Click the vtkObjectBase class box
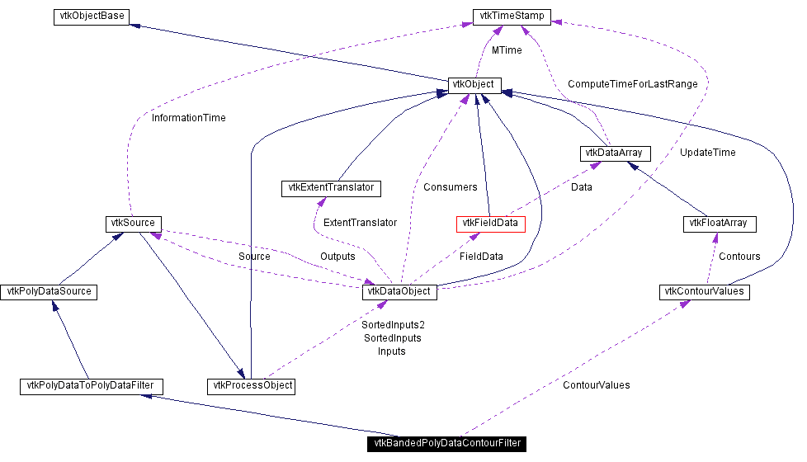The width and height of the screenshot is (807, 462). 91,16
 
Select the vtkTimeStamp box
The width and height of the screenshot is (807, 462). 512,16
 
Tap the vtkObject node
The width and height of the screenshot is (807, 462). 474,85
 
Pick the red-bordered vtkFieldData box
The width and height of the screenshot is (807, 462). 490,224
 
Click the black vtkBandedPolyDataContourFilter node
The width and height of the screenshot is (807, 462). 446,444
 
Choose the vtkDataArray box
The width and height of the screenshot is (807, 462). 615,153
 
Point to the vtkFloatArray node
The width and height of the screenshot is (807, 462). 720,224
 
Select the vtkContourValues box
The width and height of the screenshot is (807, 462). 704,292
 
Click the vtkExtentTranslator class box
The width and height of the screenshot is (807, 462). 331,188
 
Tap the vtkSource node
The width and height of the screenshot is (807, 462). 133,224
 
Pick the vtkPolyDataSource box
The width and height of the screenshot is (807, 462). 49,292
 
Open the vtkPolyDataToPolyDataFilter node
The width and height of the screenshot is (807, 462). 91,386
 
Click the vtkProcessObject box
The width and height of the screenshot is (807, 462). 251,386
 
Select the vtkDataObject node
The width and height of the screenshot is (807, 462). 399,292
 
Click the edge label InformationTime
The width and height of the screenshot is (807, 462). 189,118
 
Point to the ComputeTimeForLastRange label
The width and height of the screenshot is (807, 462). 633,84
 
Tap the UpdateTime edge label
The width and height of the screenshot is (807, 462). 708,153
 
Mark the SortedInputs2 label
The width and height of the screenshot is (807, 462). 393,325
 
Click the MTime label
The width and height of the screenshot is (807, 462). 507,50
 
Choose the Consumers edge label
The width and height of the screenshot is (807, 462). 451,187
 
